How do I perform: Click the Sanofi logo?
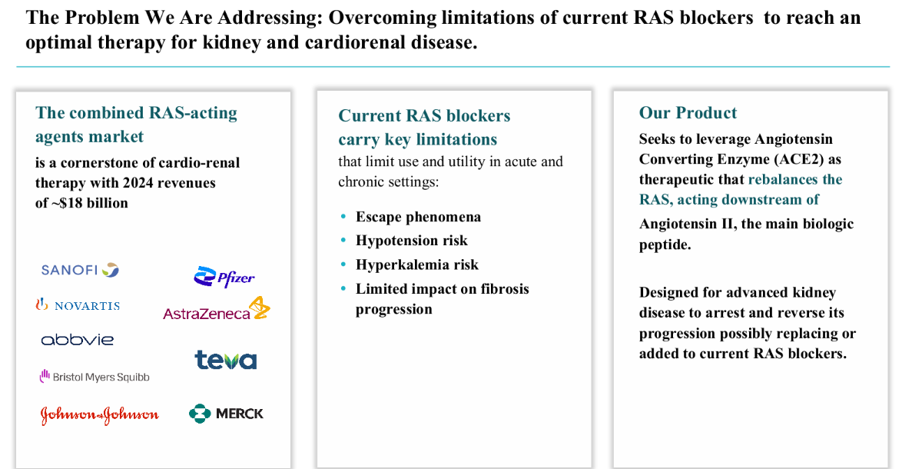80,270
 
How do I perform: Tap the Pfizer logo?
224,278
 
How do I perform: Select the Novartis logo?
78,305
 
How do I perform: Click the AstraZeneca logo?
217,309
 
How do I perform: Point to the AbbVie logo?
78,340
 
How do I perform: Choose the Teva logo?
226,360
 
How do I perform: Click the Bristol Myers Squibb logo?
95,377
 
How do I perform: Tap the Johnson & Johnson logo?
100,414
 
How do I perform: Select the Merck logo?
226,413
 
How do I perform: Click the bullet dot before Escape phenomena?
343,217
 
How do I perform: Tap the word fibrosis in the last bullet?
505,289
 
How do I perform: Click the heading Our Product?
688,113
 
